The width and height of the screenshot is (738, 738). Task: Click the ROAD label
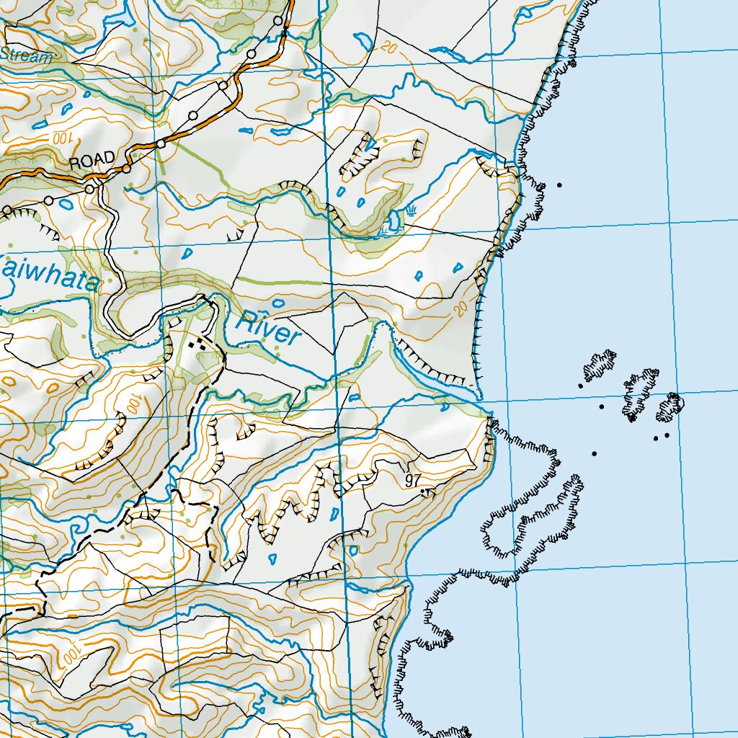tap(92, 160)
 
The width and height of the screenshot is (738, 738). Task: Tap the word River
tap(268, 328)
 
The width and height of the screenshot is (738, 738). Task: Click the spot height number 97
tap(414, 481)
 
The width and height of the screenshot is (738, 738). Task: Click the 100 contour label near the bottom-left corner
tap(69, 655)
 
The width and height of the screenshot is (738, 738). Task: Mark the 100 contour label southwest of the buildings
tap(134, 405)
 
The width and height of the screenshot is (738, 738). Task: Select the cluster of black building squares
tap(195, 345)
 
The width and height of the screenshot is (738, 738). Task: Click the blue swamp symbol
tap(411, 211)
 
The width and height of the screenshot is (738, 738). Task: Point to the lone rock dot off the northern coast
tap(559, 185)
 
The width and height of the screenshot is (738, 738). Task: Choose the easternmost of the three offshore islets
tap(670, 407)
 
